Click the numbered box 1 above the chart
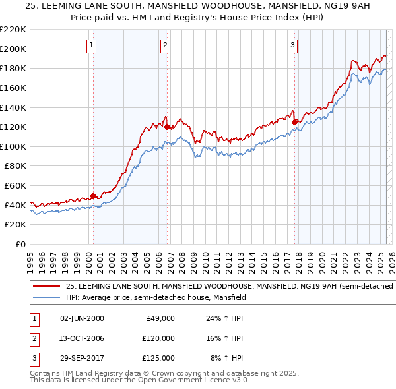point(90,45)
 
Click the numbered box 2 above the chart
point(165,45)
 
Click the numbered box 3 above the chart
point(292,45)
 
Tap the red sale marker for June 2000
point(93,196)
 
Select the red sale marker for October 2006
point(168,127)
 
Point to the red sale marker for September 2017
point(294,121)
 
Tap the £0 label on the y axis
point(20,244)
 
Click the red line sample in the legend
point(46,287)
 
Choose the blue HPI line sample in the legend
point(46,298)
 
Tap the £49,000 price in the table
point(160,318)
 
